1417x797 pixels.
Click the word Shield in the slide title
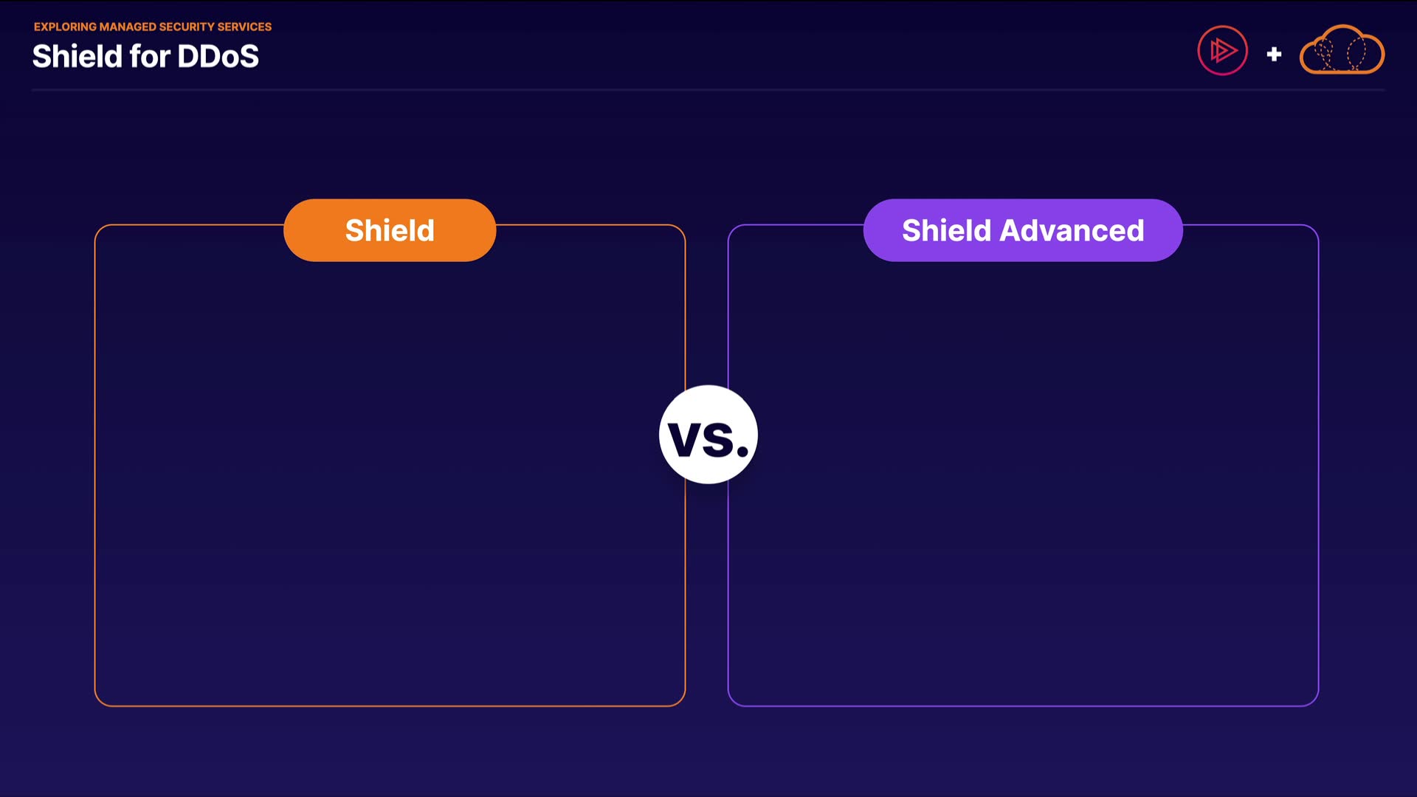77,56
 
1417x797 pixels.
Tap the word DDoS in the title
218,56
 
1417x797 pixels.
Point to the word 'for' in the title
149,56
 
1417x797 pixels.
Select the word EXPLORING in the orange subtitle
65,27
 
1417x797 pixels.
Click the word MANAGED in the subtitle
128,27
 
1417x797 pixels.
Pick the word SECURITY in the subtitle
187,27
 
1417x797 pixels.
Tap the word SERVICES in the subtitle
244,27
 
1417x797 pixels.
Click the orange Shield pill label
390,230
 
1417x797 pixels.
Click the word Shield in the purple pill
946,230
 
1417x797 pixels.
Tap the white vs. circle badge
708,434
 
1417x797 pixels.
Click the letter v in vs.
684,441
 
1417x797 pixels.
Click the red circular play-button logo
1222,50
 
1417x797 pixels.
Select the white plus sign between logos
1274,54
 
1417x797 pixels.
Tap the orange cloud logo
1342,49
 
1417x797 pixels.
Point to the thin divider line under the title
708,90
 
